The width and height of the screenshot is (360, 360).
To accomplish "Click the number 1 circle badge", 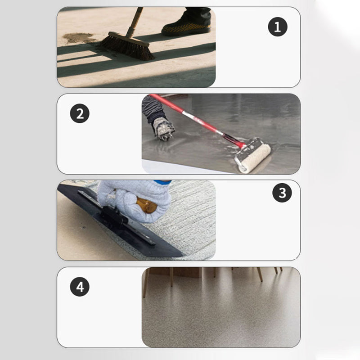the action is pos(278,27).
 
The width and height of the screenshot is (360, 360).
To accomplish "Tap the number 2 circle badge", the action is pos(80,113).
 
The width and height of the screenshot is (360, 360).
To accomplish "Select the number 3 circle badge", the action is pos(282,193).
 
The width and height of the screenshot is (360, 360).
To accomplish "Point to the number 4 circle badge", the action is pos(80,287).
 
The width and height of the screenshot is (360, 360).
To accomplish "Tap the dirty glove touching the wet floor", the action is pos(163,129).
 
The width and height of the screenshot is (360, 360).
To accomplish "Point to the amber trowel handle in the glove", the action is pos(147,205).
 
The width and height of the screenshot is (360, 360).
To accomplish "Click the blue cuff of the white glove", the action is pos(163,182).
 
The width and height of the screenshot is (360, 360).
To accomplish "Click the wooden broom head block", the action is pos(129,39).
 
